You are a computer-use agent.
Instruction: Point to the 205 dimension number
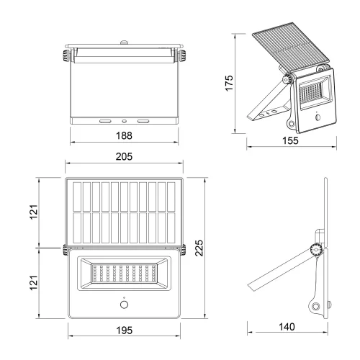point(124,156)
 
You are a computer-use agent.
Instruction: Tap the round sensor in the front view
point(124,305)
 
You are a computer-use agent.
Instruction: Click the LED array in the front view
point(124,274)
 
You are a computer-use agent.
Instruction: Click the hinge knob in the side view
point(315,249)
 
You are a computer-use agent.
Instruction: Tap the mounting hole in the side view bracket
point(318,307)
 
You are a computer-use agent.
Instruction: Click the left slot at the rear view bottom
point(105,122)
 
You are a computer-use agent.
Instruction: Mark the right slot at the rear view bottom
point(143,122)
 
